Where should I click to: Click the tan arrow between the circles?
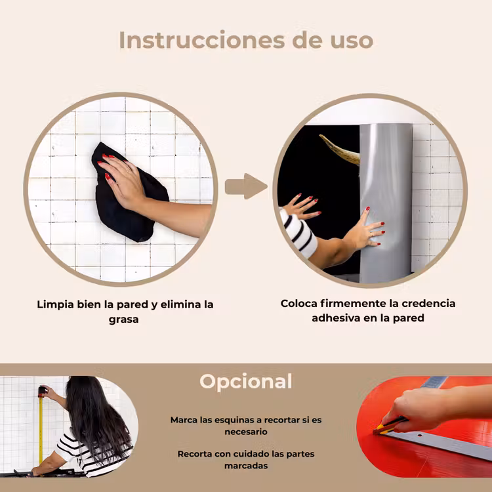coord(246,186)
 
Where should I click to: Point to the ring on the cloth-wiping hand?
coord(128,171)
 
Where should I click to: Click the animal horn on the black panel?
coord(340,150)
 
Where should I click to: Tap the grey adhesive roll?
coord(386,201)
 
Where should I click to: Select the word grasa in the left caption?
coord(123,319)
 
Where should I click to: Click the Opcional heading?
coord(246,382)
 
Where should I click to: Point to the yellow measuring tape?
coord(41,430)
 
